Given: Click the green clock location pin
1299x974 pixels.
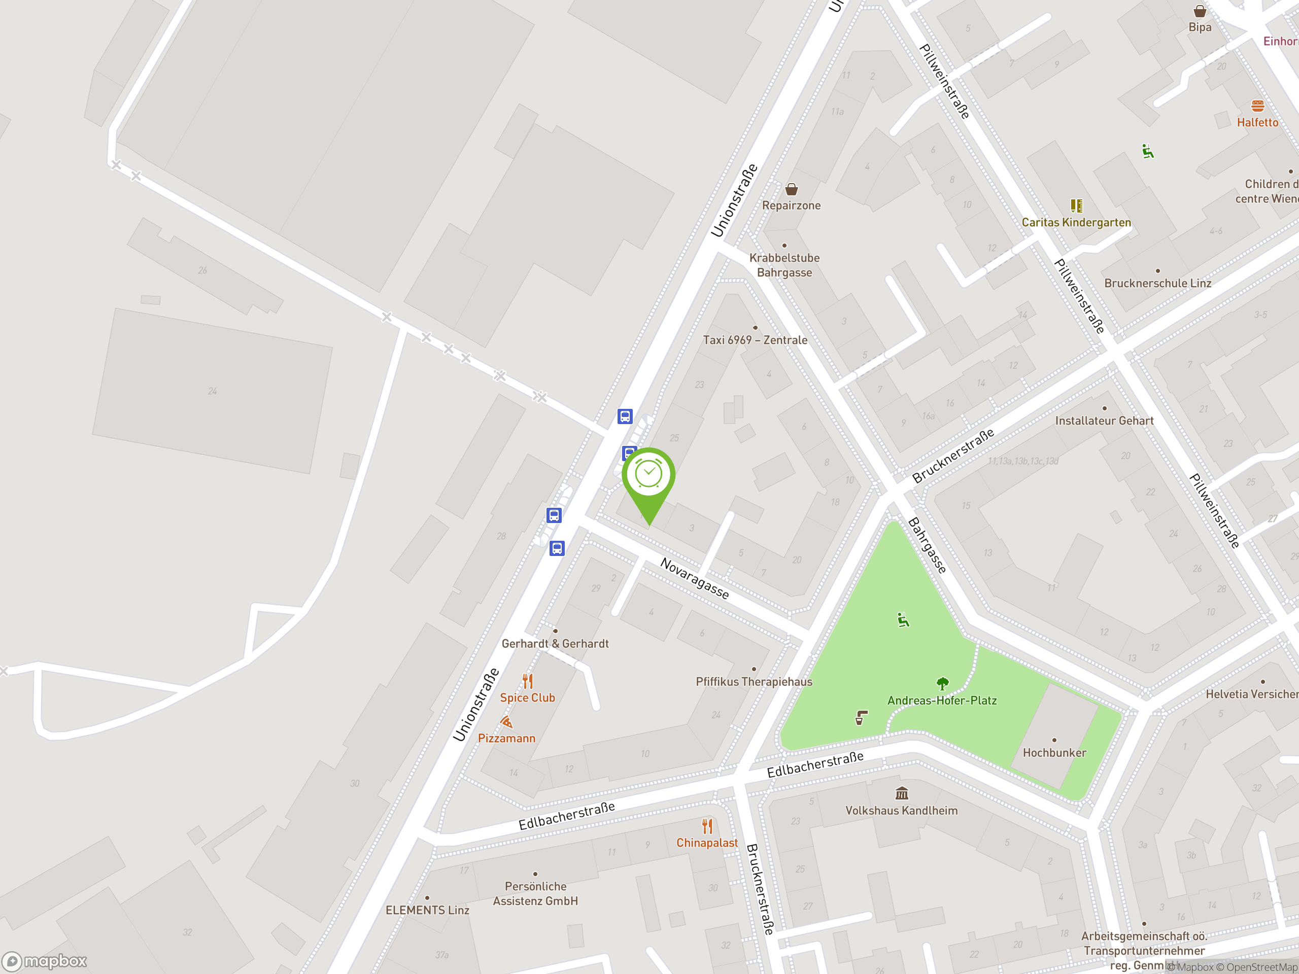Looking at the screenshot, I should point(648,475).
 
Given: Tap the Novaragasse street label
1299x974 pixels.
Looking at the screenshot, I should point(695,578).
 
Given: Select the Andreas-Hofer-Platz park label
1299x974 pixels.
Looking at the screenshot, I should point(942,701).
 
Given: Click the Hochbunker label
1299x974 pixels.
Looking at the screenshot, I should point(1054,753).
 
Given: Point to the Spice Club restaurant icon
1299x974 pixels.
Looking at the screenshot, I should point(527,681).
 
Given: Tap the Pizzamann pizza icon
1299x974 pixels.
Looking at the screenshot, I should point(506,721).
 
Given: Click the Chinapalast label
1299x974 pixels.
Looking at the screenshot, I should point(707,843).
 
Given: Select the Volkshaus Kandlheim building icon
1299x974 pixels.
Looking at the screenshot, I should point(901,794).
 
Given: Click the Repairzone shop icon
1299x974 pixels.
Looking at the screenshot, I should point(792,189).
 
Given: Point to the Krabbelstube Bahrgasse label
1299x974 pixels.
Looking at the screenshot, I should point(784,265).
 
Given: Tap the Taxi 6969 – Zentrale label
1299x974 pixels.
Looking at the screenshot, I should point(755,340).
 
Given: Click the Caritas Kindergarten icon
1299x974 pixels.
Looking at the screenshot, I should point(1076,205).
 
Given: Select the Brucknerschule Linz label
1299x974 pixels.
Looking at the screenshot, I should point(1157,283).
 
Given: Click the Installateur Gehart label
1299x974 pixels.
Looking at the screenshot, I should point(1104,421).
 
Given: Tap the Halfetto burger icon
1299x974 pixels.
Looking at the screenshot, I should point(1257,106).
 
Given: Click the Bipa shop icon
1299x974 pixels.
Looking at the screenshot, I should point(1200,11).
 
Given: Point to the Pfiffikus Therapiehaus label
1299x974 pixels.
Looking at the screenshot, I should point(754,682).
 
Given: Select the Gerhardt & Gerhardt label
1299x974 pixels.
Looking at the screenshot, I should point(555,643).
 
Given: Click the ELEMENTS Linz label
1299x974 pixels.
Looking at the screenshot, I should point(427,910).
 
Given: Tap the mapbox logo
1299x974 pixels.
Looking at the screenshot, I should point(45,961).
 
